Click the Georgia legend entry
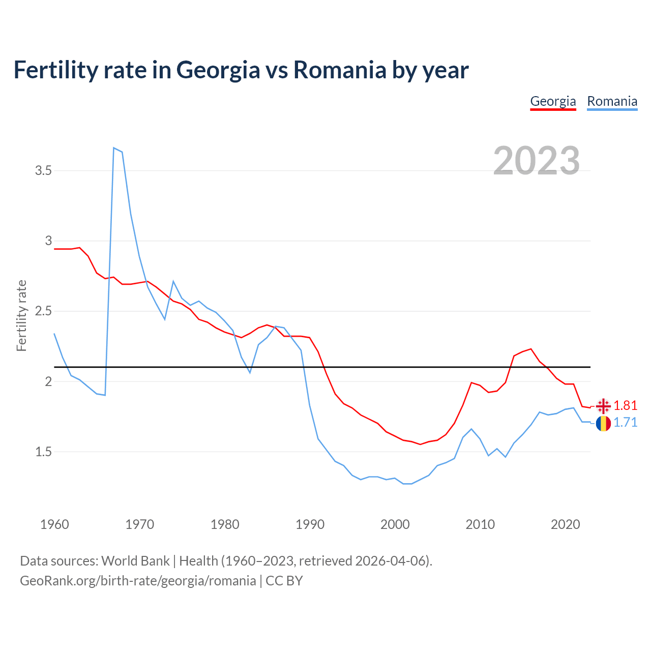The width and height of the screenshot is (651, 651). pyautogui.click(x=553, y=101)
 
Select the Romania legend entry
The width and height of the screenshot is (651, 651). pyautogui.click(x=612, y=101)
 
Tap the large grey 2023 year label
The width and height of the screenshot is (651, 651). pyautogui.click(x=537, y=161)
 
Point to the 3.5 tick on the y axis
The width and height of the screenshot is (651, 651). pyautogui.click(x=44, y=171)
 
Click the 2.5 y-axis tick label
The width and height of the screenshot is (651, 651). pyautogui.click(x=44, y=311)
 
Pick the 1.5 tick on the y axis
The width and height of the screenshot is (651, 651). pyautogui.click(x=44, y=452)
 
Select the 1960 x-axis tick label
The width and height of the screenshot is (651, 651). pyautogui.click(x=54, y=524)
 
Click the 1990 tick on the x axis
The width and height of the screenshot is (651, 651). pyautogui.click(x=310, y=524)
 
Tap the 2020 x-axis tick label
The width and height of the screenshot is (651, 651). pyautogui.click(x=565, y=524)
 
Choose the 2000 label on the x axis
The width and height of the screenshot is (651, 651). pyautogui.click(x=395, y=524)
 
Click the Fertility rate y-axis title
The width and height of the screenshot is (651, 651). pyautogui.click(x=21, y=315)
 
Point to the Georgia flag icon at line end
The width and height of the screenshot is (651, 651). pyautogui.click(x=603, y=406)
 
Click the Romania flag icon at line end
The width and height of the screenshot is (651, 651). pyautogui.click(x=603, y=423)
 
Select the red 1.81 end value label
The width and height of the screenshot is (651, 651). pyautogui.click(x=626, y=405)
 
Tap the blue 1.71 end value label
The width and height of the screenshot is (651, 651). pyautogui.click(x=626, y=423)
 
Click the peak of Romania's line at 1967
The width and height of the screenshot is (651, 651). pyautogui.click(x=114, y=148)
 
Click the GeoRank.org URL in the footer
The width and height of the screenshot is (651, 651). pyautogui.click(x=138, y=581)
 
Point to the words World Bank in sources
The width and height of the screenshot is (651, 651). pyautogui.click(x=135, y=561)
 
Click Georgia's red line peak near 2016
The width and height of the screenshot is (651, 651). pyautogui.click(x=530, y=349)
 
